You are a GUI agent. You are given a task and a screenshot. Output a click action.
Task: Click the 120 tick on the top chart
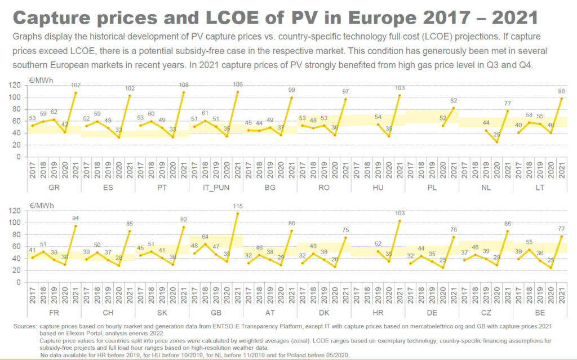[x=17, y=85]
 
